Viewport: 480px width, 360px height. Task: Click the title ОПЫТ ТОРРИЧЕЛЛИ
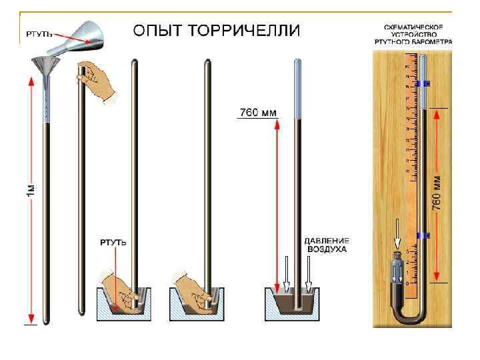coord(217,31)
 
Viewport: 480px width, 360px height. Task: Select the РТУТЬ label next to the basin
coord(113,241)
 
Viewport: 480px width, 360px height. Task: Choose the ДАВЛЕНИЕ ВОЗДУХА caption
coord(327,245)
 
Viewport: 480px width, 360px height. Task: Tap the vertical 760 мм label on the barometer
coord(438,193)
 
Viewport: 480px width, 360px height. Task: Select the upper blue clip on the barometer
coord(422,84)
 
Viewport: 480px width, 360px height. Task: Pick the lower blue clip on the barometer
coord(422,235)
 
